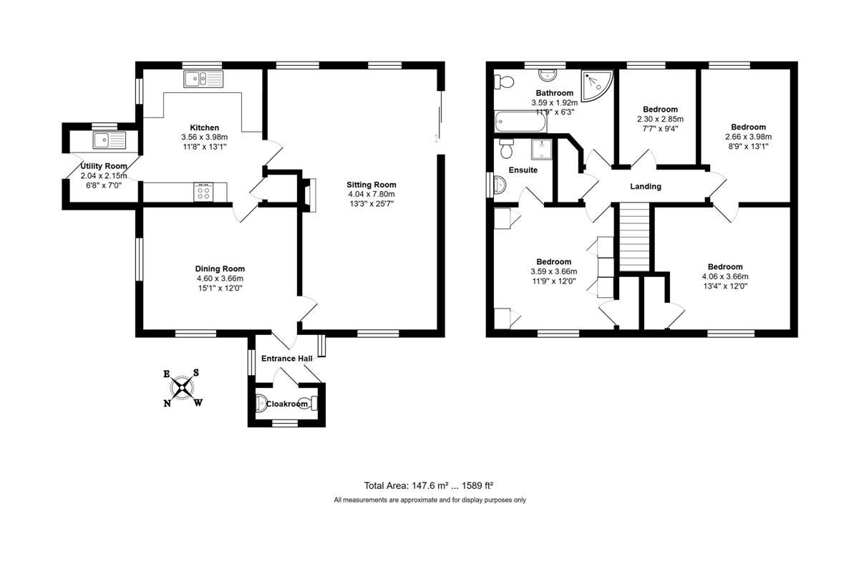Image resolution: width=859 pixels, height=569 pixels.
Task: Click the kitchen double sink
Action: click(x=203, y=79)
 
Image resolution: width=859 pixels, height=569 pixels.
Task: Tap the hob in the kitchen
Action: click(x=203, y=192)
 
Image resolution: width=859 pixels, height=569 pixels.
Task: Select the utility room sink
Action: click(x=110, y=140)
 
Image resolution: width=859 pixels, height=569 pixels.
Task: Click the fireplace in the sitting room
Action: click(x=310, y=195)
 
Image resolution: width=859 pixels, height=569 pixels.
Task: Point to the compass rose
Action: click(x=183, y=388)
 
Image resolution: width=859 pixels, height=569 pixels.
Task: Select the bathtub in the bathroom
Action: click(x=520, y=121)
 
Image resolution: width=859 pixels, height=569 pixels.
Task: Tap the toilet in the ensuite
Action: click(x=506, y=148)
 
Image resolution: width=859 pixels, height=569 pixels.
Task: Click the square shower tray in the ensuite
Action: click(x=542, y=149)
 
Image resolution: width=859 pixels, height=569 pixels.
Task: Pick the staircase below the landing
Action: click(x=634, y=237)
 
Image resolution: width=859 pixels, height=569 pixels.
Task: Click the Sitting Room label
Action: click(x=372, y=185)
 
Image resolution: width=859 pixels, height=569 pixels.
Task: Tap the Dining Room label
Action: click(x=220, y=269)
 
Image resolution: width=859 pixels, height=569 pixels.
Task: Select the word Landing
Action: click(x=646, y=186)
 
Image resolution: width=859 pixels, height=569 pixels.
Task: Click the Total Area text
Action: click(x=428, y=485)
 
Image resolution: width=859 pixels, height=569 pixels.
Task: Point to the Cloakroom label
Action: click(x=287, y=404)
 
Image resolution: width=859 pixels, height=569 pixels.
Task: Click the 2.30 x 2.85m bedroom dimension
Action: click(x=660, y=119)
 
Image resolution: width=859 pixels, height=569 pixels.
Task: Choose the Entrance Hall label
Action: click(x=287, y=358)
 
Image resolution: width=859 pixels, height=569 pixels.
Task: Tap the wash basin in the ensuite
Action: click(x=500, y=185)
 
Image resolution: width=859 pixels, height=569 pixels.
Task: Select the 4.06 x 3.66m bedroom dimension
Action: click(x=725, y=276)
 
